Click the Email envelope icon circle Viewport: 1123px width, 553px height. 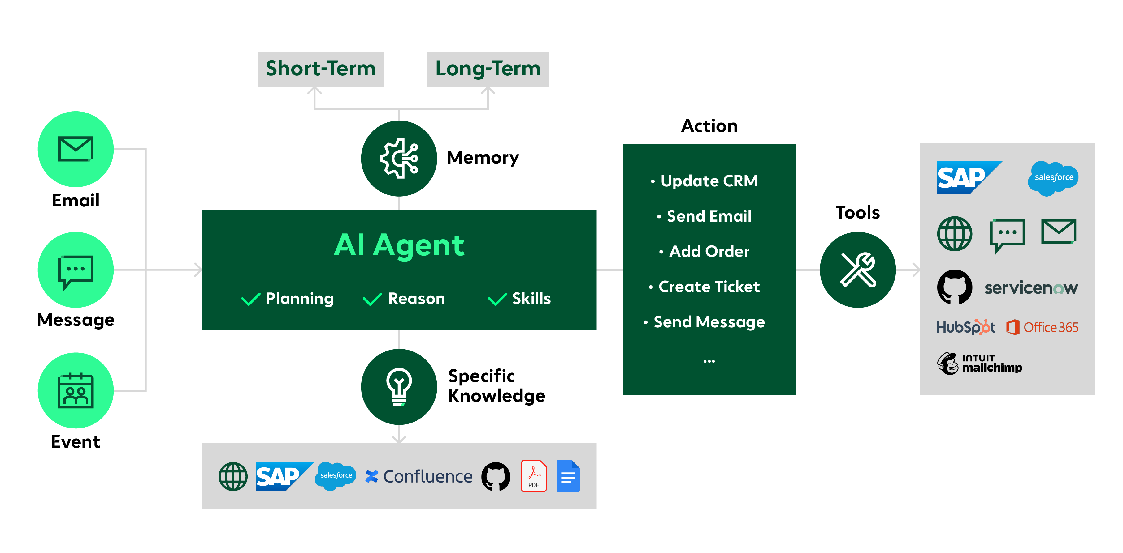click(x=76, y=149)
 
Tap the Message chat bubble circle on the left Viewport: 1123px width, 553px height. click(x=76, y=270)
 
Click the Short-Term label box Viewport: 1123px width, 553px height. click(x=320, y=69)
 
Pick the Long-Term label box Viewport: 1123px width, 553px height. click(x=488, y=69)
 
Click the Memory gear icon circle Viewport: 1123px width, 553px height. click(x=399, y=159)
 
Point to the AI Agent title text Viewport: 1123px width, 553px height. click(x=399, y=245)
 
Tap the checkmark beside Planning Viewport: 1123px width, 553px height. click(x=251, y=299)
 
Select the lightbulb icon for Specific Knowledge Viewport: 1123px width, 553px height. click(x=399, y=387)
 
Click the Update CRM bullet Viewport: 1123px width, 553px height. click(x=709, y=181)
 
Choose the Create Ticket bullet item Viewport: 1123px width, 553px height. click(x=709, y=287)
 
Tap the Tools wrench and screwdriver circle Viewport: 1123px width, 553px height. click(x=857, y=270)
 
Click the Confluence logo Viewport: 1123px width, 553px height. click(x=418, y=476)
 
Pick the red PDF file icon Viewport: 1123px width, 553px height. click(x=534, y=476)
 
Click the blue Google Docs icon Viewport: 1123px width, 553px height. click(x=568, y=476)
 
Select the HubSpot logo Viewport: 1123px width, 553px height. click(x=966, y=327)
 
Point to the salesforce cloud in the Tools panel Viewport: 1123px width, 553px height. click(x=1053, y=178)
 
